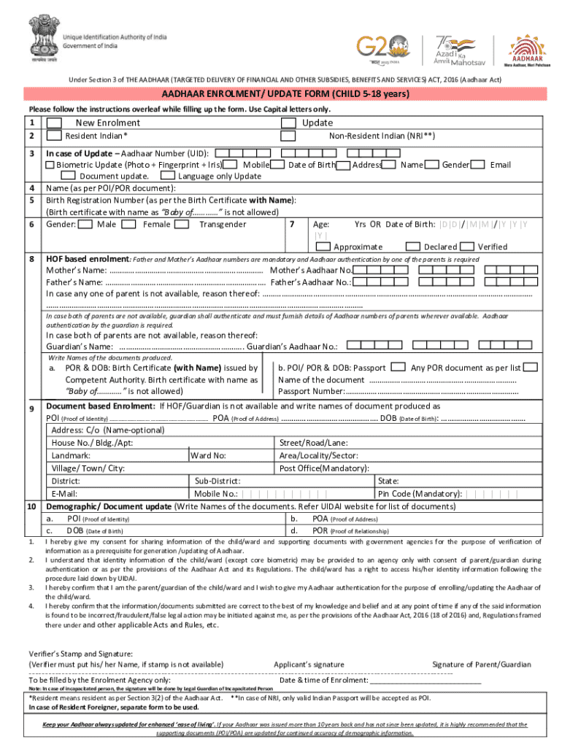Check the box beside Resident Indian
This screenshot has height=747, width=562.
[53, 136]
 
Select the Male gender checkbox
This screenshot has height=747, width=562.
[85, 223]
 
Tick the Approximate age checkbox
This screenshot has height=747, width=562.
[322, 247]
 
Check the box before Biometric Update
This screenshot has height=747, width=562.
[50, 165]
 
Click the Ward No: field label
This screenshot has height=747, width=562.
[209, 456]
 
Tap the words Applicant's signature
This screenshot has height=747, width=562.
[309, 665]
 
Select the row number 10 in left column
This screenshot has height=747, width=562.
[33, 506]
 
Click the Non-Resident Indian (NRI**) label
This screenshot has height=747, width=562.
[382, 136]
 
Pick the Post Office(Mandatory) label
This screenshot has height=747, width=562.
[324, 468]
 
